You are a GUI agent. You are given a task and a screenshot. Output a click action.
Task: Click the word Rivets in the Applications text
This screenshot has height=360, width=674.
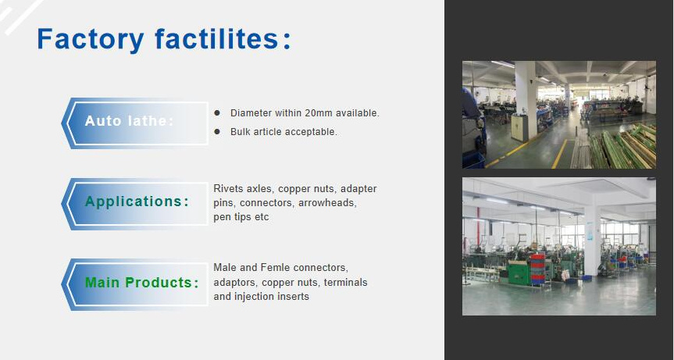pyautogui.click(x=228, y=189)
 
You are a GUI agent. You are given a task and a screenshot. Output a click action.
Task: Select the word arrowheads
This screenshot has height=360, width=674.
pyautogui.click(x=327, y=203)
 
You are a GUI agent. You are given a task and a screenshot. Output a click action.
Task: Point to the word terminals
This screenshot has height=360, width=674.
pyautogui.click(x=345, y=282)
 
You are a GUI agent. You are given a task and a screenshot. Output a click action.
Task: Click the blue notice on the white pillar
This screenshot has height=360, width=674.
pyautogui.click(x=591, y=231)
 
